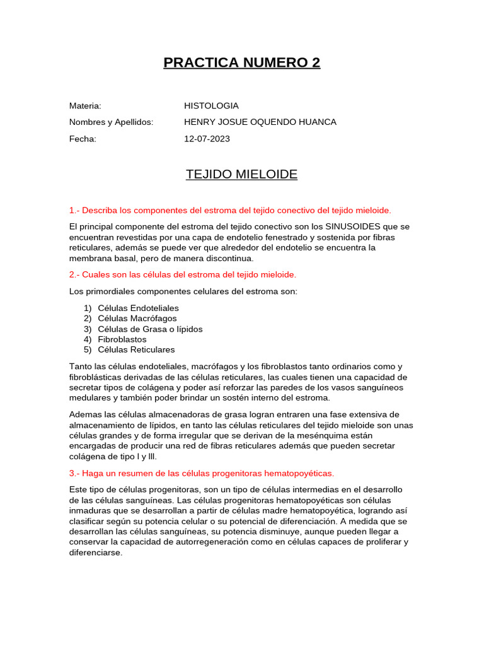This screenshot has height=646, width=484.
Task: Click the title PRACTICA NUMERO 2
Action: point(241,62)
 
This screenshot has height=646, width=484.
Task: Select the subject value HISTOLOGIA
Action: point(211,106)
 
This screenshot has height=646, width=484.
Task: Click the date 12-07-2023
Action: point(207,139)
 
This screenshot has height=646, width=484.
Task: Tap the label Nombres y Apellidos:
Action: point(111,122)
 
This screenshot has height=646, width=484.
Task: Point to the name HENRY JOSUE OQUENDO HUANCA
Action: point(260,122)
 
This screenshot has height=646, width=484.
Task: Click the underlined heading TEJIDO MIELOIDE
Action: point(241,174)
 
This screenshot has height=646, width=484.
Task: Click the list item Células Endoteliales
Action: point(138,308)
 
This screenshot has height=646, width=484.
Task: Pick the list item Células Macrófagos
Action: point(137,319)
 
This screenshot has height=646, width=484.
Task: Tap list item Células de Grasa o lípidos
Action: point(150,329)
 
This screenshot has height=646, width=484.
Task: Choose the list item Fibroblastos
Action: point(122,339)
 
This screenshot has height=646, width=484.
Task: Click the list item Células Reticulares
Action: point(136,349)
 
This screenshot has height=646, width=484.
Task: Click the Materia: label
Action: point(85,106)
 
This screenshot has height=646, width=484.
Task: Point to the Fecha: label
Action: point(83,139)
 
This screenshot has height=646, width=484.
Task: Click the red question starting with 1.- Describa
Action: point(230,210)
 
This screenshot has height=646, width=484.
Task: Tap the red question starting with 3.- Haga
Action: point(201,473)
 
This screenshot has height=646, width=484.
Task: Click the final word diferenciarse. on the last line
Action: point(96,552)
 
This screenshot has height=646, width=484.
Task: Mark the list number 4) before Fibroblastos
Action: point(88,339)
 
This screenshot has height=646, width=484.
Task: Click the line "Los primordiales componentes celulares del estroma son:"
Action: point(183,291)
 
